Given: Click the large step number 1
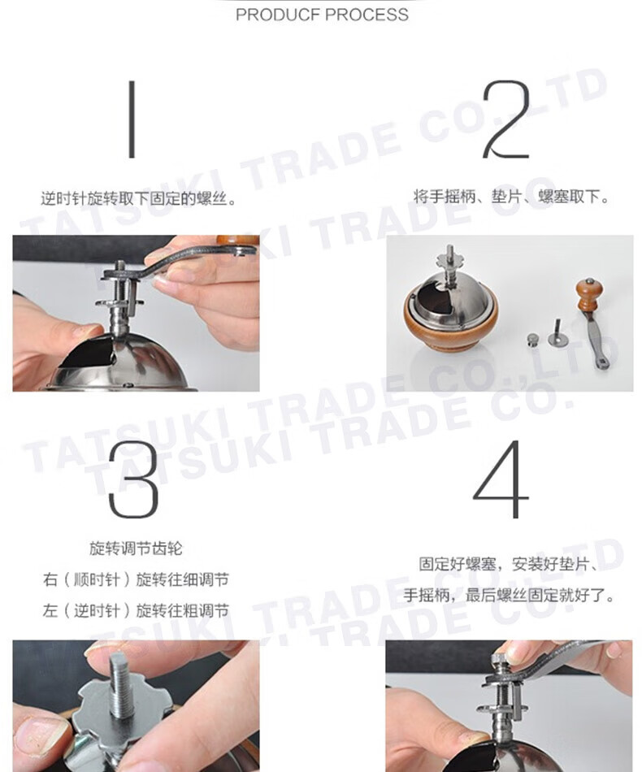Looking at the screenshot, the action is coord(132,119).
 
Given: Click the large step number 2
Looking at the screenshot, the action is coord(506,119).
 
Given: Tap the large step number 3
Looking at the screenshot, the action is coord(133,480).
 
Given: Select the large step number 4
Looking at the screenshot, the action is coord(501,479).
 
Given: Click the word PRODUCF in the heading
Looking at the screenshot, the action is coord(278,15).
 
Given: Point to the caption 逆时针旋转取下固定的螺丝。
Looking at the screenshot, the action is coord(139,199).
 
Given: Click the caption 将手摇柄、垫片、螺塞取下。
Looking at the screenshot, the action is coord(512,197).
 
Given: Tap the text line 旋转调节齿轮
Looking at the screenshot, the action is coord(136,549).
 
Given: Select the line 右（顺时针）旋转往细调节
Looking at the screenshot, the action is coord(136,579).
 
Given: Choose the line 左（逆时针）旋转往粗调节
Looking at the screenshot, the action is coord(136,610).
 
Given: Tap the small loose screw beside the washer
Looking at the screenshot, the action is coord(533,340).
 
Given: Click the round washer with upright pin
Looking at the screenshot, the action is coord(557,335).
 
